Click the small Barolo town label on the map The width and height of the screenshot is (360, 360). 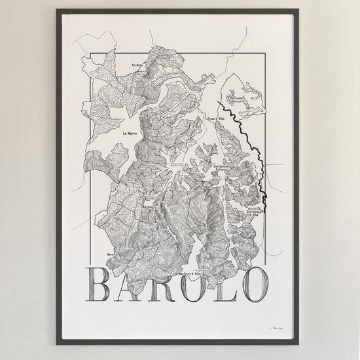coord(147,209)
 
